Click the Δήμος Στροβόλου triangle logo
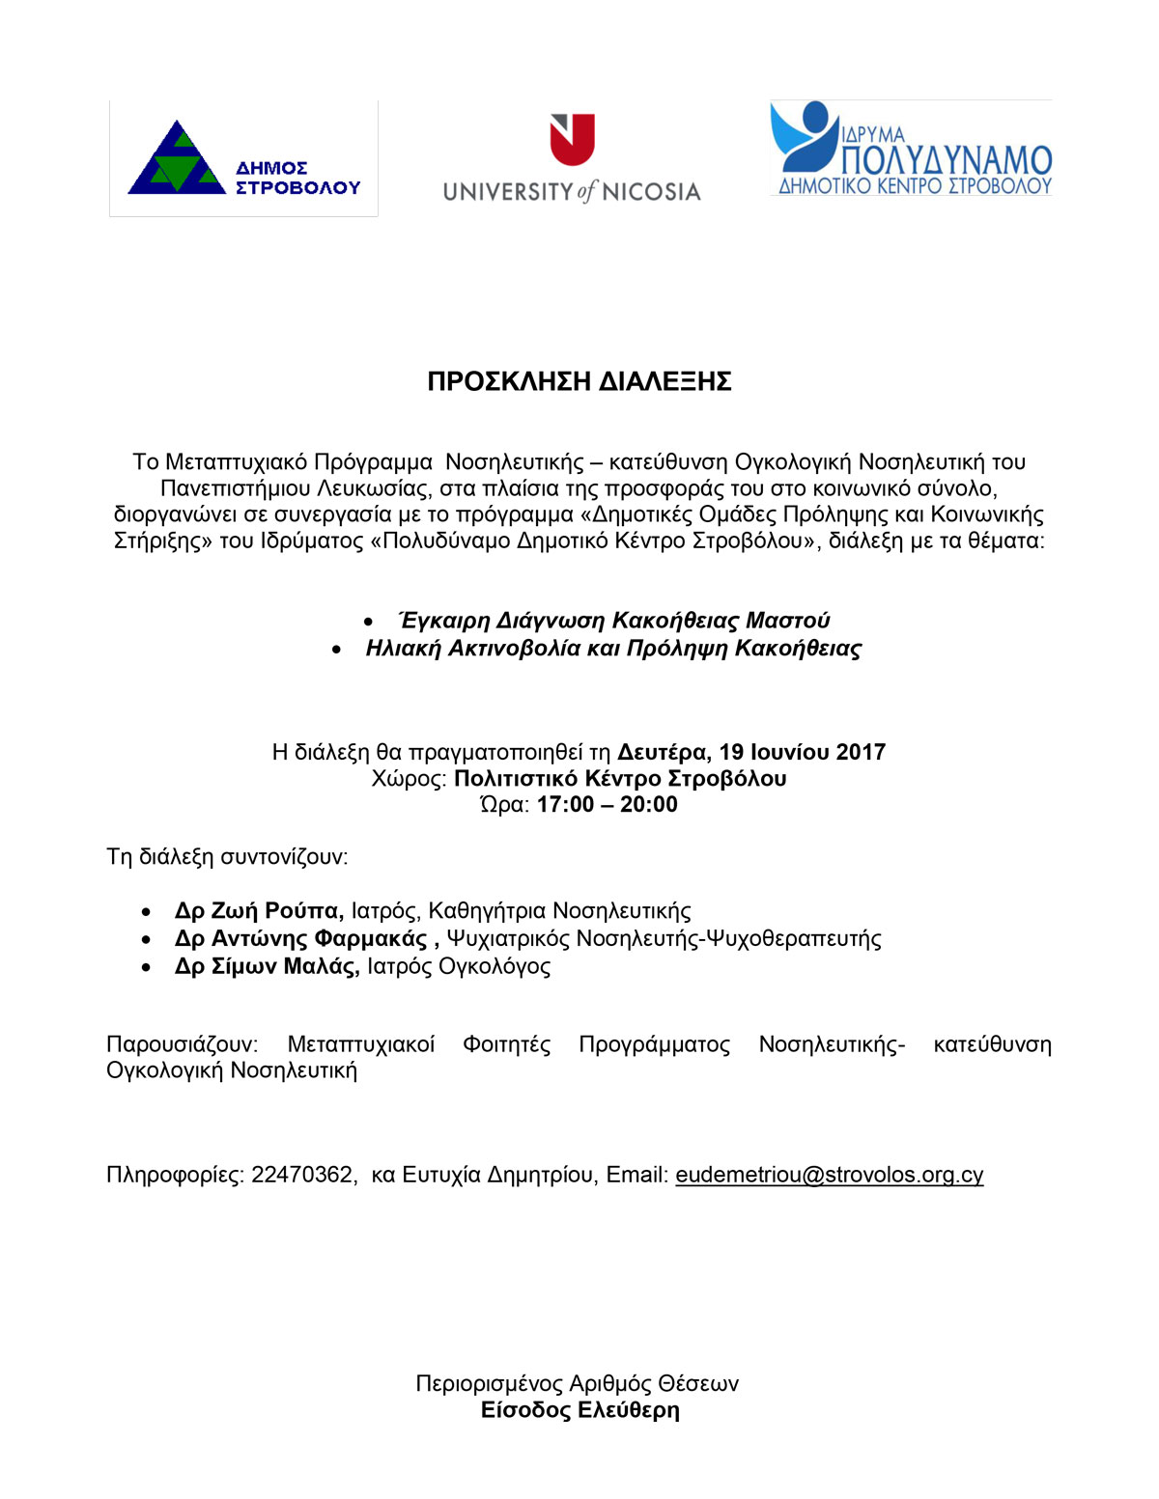point(177,159)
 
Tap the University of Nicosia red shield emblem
point(572,139)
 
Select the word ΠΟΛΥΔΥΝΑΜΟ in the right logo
point(946,159)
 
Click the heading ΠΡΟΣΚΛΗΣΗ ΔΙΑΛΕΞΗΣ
point(579,381)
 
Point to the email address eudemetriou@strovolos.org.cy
point(829,1175)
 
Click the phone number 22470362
point(302,1175)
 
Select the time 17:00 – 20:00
point(608,805)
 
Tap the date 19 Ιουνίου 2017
point(802,752)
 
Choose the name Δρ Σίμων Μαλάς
point(267,966)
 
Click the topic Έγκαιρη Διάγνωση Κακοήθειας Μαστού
point(614,621)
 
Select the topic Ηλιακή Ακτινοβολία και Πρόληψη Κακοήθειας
point(613,649)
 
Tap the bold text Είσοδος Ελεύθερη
point(579,1410)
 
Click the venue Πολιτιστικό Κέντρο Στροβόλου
point(620,779)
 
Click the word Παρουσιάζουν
point(182,1044)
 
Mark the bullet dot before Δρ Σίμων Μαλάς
point(146,967)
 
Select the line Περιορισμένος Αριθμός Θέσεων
point(577,1384)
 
